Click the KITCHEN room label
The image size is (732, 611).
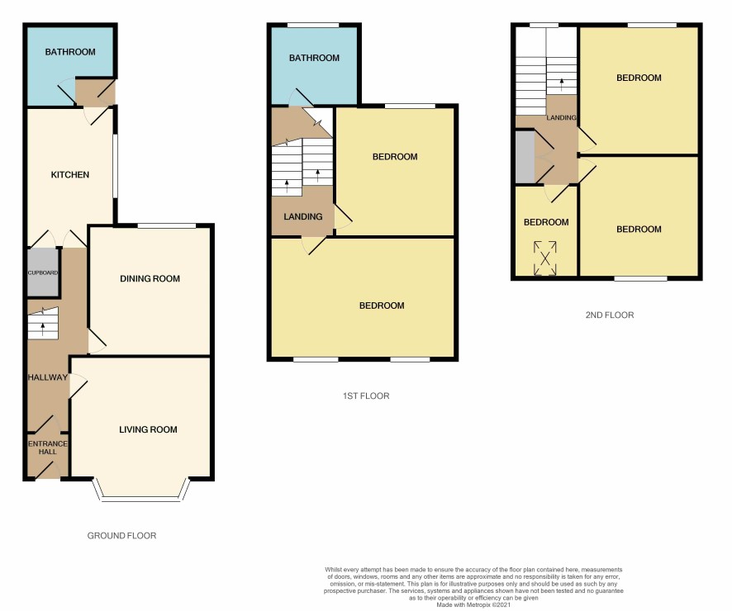(x=70, y=175)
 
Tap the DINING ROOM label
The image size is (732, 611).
(x=150, y=279)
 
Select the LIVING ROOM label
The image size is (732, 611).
(x=148, y=429)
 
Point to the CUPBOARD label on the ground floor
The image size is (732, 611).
(x=43, y=272)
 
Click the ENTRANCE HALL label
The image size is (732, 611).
(x=48, y=448)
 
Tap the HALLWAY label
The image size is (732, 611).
(x=48, y=377)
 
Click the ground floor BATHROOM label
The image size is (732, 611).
(x=70, y=52)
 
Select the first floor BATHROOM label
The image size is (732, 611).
(x=314, y=58)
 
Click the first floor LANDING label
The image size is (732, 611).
(x=303, y=216)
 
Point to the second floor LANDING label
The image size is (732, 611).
(x=561, y=117)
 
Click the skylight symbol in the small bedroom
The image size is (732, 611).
(x=545, y=258)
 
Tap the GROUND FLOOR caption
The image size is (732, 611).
(x=121, y=536)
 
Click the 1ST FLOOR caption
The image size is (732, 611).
(x=366, y=396)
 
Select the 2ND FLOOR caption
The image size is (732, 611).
(x=610, y=315)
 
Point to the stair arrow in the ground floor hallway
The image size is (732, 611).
(x=43, y=329)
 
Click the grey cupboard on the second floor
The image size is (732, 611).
(x=525, y=158)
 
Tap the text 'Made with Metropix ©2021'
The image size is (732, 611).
(x=473, y=605)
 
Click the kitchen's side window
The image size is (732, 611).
(x=115, y=167)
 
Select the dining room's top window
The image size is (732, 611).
(x=167, y=226)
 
